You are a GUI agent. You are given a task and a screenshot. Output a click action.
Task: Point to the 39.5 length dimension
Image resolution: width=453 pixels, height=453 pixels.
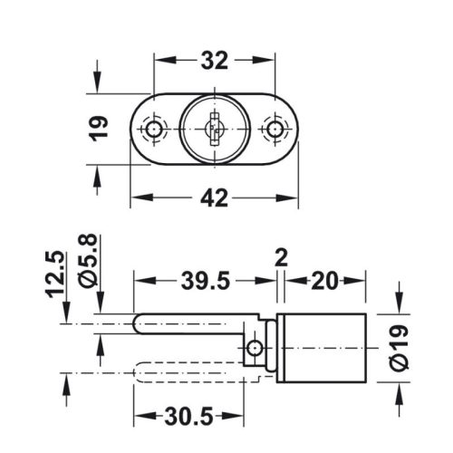tap(202, 283)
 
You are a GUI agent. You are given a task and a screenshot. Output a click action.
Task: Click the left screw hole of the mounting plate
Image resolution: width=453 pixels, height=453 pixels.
tap(155, 129)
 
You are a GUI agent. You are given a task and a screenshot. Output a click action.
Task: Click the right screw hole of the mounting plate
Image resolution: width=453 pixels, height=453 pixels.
tap(272, 129)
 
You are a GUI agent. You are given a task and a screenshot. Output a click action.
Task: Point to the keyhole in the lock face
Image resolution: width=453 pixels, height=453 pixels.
tap(213, 129)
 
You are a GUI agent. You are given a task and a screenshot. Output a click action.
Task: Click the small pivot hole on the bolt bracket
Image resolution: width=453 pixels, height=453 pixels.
tap(256, 348)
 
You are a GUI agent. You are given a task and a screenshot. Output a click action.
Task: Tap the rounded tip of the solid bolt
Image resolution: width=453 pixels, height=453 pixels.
tap(140, 323)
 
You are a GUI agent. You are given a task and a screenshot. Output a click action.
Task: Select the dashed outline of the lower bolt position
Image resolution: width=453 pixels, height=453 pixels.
tap(181, 372)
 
